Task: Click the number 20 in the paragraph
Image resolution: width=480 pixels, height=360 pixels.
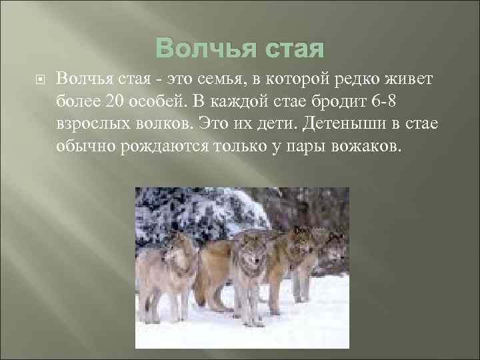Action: point(113,101)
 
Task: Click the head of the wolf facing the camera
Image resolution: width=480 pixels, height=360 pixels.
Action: point(249,251)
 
